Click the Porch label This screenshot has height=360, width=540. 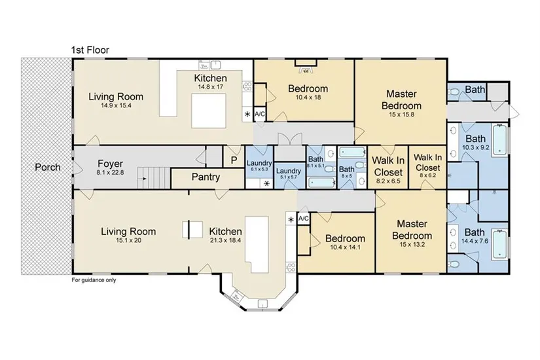coord(48,168)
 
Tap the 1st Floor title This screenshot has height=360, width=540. coord(90,50)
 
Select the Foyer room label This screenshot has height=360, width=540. coord(110,164)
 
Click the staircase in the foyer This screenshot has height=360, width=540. coord(154,178)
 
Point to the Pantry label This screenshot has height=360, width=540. coord(206,177)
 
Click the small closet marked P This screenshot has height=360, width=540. coord(234,160)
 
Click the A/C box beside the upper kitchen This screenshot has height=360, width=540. coord(260,114)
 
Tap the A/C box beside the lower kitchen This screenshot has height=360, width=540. coord(304,219)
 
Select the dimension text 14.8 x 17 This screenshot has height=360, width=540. coord(210,87)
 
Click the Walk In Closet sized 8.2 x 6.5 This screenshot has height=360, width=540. coord(388,166)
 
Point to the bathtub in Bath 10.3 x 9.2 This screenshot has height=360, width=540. coord(500,140)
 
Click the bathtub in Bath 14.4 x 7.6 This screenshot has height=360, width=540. coord(500,243)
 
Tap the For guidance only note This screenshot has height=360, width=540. coord(94,280)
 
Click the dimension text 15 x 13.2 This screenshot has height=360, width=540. coord(412,245)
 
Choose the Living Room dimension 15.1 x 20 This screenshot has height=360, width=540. coord(128,240)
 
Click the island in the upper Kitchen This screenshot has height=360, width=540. coord(209,111)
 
